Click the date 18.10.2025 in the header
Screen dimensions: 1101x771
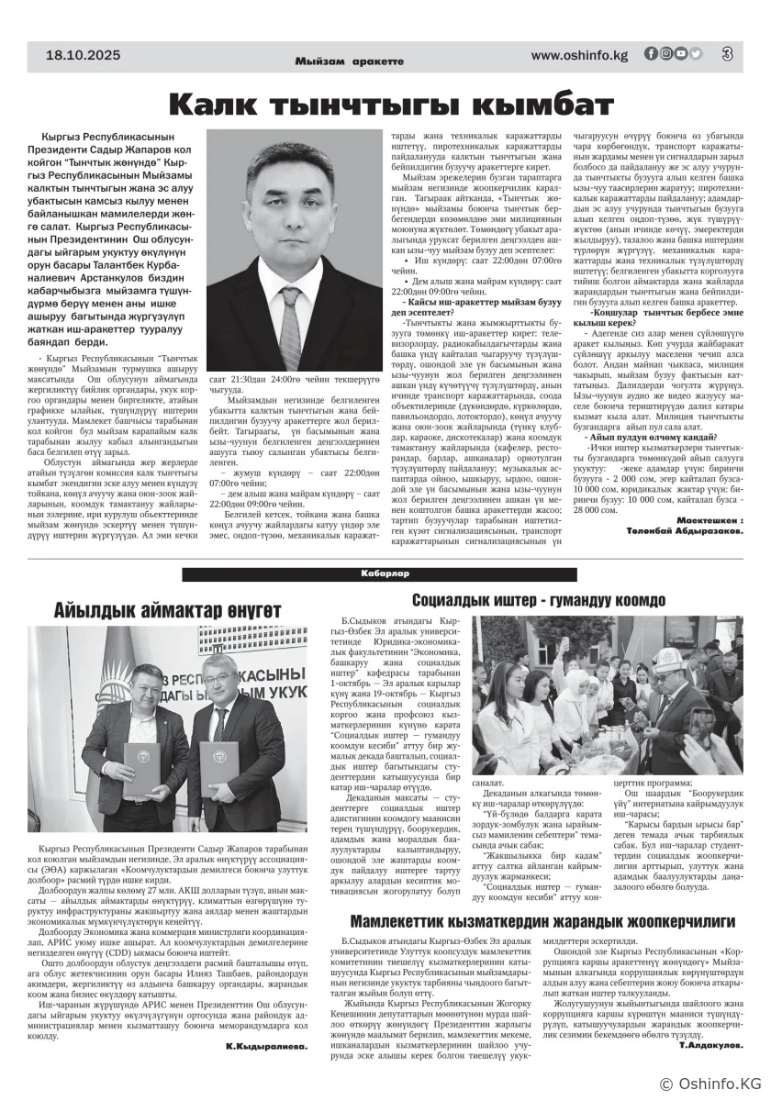[x=84, y=55]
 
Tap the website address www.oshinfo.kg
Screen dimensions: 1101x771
[x=579, y=55]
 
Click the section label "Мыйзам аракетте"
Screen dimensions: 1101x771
[x=350, y=61]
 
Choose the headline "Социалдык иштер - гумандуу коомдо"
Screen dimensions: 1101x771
[x=538, y=601]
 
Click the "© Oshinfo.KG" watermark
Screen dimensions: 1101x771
[x=707, y=1083]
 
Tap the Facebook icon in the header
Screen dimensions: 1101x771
[x=651, y=54]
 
